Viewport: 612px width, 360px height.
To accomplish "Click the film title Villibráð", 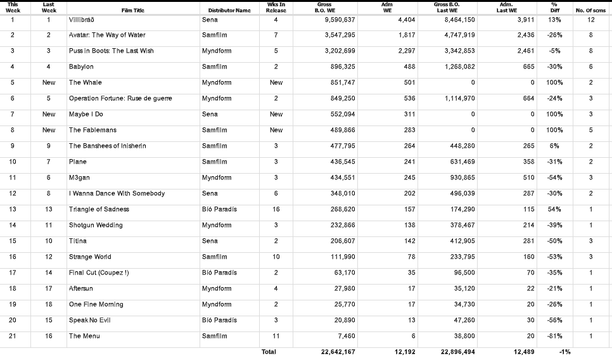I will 81,20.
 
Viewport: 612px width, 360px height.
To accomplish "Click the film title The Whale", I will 85,82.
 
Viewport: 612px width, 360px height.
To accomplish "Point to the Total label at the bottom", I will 269,352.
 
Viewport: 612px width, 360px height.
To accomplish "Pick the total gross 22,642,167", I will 335,352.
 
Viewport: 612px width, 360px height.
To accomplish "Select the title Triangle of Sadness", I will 99,209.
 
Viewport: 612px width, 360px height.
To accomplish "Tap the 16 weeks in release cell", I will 276,209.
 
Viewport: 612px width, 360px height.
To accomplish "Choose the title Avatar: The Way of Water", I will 107,35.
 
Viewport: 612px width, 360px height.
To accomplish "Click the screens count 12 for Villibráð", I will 590,20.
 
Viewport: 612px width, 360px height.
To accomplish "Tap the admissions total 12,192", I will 403,352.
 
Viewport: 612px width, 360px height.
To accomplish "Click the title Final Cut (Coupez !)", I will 99,273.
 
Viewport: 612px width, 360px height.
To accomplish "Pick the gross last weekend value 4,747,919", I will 455,35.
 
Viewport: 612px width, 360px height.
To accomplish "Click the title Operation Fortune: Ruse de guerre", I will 120,98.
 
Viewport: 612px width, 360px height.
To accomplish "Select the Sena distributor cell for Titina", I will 210,241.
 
